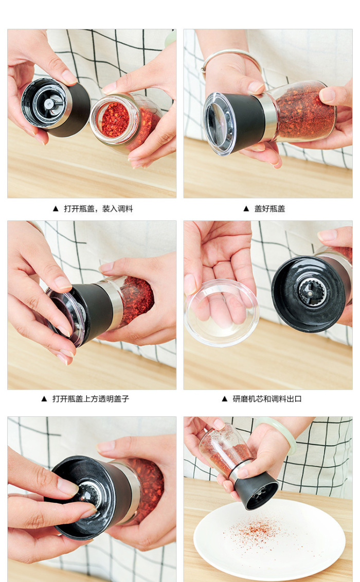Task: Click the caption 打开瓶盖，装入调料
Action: click(x=98, y=208)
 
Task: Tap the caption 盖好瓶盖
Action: click(x=269, y=208)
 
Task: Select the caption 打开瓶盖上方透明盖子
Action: click(x=91, y=399)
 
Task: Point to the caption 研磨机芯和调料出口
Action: click(x=267, y=399)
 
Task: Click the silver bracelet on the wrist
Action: click(x=230, y=54)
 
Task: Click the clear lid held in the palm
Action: click(x=222, y=312)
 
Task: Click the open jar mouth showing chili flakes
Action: click(x=115, y=119)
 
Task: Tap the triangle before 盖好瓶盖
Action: click(x=246, y=208)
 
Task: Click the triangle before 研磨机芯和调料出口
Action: click(x=225, y=399)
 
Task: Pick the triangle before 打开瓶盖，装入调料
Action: click(x=56, y=208)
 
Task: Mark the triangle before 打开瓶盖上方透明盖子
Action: click(x=44, y=399)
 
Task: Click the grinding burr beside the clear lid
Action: click(x=313, y=293)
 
